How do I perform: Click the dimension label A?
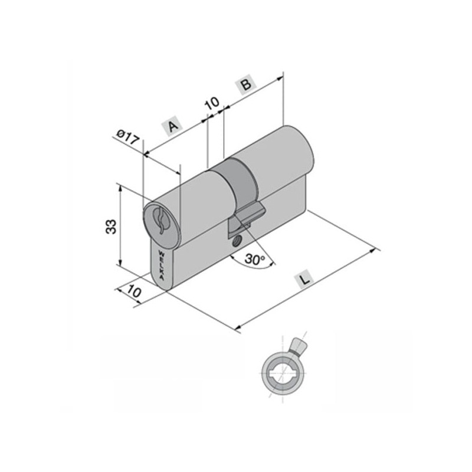click(172, 126)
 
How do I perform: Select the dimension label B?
click(246, 84)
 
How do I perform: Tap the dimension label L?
click(305, 280)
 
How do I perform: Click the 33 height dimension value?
click(111, 227)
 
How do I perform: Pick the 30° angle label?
click(254, 258)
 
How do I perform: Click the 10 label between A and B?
click(212, 104)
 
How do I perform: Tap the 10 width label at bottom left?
click(134, 291)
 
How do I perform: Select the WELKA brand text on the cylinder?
click(161, 265)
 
